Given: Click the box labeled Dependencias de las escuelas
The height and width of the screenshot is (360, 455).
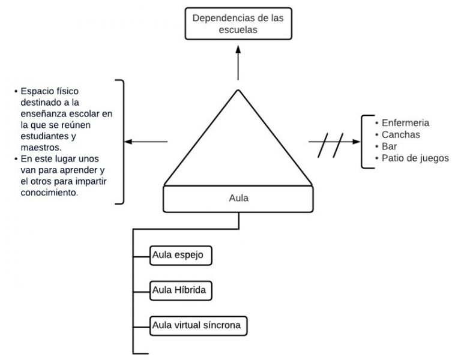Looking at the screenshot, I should point(238,23).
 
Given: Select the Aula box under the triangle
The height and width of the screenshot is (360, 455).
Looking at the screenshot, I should point(238,198).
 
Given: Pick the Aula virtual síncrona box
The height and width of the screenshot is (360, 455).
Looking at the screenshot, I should point(198,326).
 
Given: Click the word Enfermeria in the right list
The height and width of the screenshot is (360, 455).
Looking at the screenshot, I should point(405,123).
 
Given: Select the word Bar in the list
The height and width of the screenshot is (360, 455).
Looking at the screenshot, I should point(389,146).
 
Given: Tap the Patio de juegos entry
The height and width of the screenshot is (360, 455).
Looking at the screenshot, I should point(415,158).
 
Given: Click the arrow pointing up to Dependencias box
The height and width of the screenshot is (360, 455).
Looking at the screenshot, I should point(238,63).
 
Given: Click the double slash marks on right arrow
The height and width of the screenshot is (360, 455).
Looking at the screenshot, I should point(331,145).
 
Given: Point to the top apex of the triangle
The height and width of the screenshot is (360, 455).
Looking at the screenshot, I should point(238,91).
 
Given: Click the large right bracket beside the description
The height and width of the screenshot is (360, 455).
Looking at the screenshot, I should point(122,142).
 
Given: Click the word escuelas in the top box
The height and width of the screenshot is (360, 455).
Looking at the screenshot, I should point(238,29).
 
